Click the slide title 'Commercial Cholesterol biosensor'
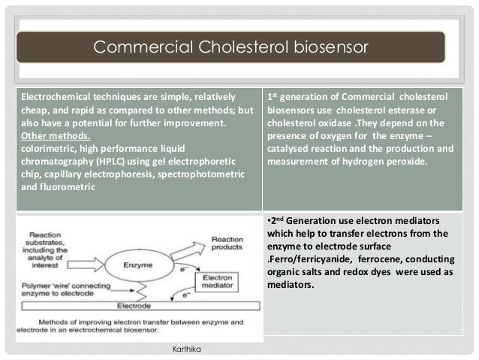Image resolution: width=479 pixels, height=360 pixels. point(230,48)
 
